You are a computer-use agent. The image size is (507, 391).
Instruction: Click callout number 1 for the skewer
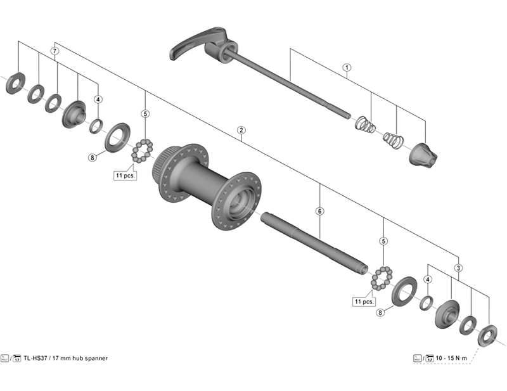click(x=347, y=67)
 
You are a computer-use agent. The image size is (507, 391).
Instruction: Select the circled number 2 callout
click(x=241, y=130)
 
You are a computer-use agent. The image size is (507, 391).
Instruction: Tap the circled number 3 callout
click(x=458, y=267)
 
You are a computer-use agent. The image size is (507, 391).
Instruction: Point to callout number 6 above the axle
click(x=320, y=210)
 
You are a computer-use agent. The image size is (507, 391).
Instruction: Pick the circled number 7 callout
click(x=55, y=50)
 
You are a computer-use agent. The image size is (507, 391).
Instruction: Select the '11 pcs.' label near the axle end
click(x=365, y=301)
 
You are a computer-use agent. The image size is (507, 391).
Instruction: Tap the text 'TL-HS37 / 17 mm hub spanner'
click(x=65, y=358)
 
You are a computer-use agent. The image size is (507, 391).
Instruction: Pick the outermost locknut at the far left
click(x=15, y=84)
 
